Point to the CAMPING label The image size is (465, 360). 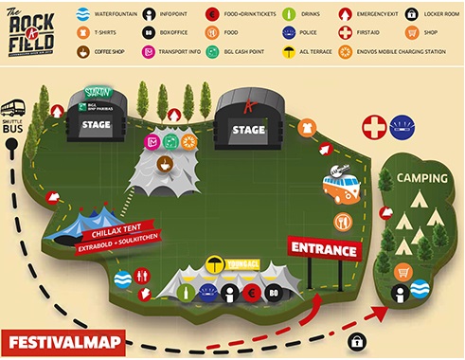coord(422,177)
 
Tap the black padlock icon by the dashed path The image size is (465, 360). coord(359,340)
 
